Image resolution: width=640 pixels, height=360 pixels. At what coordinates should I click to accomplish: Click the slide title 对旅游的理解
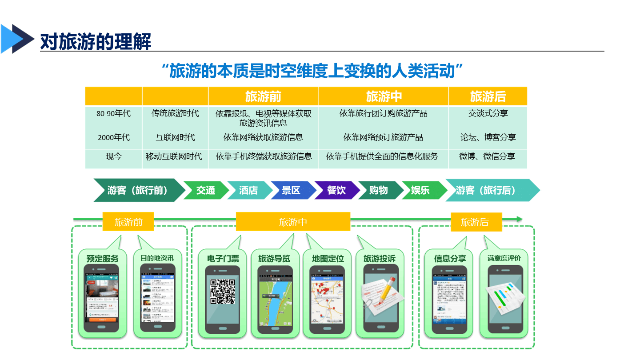click(96, 41)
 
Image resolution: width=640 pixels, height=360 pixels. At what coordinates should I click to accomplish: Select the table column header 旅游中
click(384, 96)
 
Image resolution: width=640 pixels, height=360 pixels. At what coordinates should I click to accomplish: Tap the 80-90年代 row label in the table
click(113, 114)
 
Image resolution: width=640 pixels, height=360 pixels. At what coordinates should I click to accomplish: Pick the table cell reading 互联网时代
click(175, 137)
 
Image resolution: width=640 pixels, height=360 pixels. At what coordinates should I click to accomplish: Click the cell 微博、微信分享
click(487, 156)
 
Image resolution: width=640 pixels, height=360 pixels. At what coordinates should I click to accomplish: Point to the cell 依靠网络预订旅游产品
click(383, 137)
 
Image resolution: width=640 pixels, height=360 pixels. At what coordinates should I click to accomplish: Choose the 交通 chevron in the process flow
click(206, 190)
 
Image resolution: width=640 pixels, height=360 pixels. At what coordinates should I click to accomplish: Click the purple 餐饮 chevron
click(336, 190)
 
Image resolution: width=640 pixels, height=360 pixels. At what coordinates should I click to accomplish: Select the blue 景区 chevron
click(292, 190)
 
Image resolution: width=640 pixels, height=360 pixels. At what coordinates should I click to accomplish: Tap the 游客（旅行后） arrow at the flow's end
click(489, 190)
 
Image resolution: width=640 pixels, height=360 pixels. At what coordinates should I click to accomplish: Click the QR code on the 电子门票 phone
click(222, 291)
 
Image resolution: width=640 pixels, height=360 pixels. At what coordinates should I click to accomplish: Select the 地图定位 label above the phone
click(328, 259)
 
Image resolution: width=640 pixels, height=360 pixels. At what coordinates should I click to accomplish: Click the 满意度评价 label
click(504, 258)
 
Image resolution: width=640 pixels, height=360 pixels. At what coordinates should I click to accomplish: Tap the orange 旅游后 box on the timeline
click(476, 222)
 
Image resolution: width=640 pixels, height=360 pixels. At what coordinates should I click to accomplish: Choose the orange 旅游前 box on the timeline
click(128, 222)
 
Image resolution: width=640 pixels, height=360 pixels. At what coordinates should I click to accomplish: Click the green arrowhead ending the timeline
click(519, 219)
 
